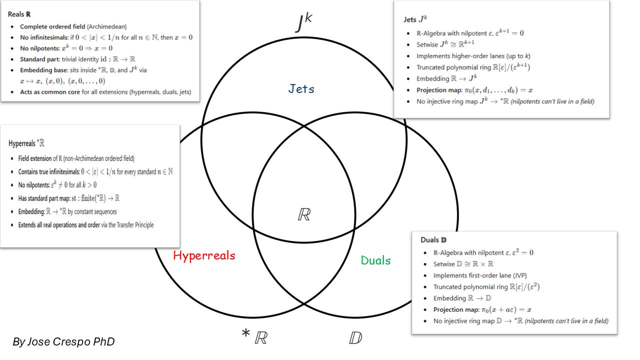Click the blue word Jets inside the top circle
(x=301, y=89)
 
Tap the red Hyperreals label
(x=204, y=255)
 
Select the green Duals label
(x=375, y=260)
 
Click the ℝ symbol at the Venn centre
(x=304, y=214)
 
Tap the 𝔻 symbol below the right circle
(x=355, y=338)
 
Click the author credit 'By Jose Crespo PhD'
(x=63, y=341)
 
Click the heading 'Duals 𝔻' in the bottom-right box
(x=432, y=240)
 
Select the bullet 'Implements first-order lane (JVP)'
(x=479, y=275)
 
